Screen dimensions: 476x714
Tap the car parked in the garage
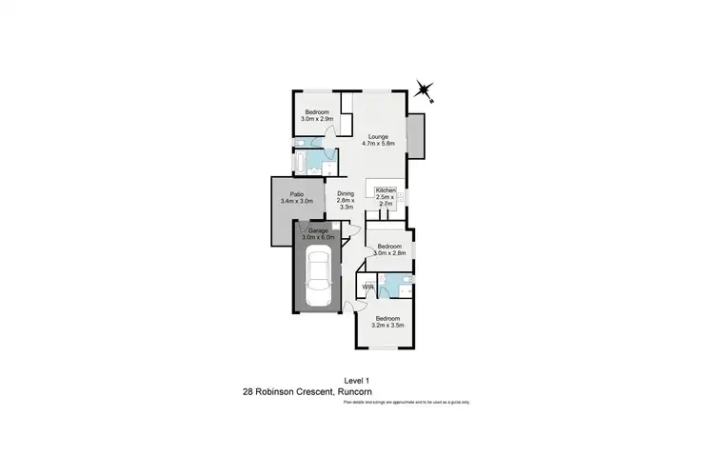coord(318,273)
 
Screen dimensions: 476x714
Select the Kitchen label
coord(386,190)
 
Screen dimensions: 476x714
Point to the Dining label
coord(346,194)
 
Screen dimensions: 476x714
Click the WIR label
coord(367,287)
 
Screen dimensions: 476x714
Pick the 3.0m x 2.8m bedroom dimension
coord(389,251)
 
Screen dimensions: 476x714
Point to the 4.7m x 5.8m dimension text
coord(380,143)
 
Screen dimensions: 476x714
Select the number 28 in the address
coord(248,391)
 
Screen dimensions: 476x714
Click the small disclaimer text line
coord(407,403)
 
